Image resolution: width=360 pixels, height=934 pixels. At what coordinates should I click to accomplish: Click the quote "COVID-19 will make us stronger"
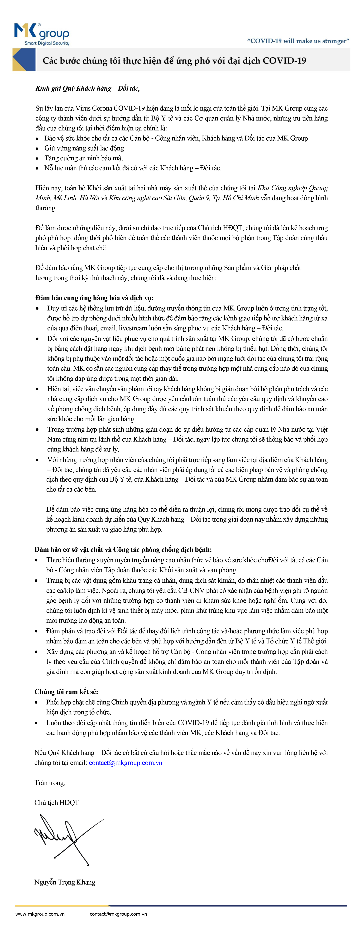point(298,41)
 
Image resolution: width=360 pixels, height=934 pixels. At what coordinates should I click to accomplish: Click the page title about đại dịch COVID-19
point(174,61)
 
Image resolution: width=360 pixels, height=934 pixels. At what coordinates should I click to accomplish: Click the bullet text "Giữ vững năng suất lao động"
point(84,148)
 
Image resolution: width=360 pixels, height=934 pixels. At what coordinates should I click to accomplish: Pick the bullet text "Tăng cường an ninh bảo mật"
point(84,158)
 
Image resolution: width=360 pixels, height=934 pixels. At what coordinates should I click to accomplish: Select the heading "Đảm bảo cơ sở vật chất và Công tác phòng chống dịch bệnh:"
point(123,549)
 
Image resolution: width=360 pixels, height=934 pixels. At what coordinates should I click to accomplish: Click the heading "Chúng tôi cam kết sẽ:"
point(66,691)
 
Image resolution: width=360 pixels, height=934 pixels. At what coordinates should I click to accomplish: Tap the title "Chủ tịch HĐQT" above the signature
point(57,802)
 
